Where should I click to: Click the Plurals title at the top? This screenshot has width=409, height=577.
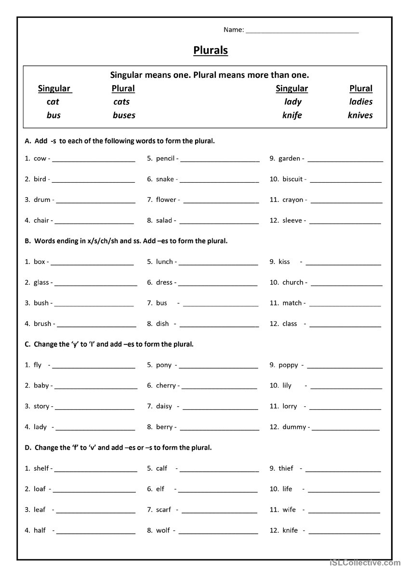coord(211,50)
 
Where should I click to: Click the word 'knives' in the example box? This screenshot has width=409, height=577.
coord(360,115)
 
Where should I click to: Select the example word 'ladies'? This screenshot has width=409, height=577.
coord(361,102)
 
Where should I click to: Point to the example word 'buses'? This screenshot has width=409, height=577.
coord(124,115)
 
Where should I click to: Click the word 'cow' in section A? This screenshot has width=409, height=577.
coord(40,159)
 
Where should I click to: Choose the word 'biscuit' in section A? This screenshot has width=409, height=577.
coord(292,179)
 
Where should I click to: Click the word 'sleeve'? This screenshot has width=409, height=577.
coord(292,221)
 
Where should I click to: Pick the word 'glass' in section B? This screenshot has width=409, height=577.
coord(41,283)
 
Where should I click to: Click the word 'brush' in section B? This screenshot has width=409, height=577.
coord(42,324)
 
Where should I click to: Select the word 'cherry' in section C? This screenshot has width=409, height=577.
coord(166,386)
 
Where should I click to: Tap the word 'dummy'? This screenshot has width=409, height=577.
coord(294,427)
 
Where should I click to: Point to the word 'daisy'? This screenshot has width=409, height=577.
coord(164,406)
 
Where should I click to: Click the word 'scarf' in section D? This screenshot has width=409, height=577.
coord(163,510)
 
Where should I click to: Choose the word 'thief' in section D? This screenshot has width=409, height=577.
coord(286,468)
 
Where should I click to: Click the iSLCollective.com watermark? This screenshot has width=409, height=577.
coord(366,563)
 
